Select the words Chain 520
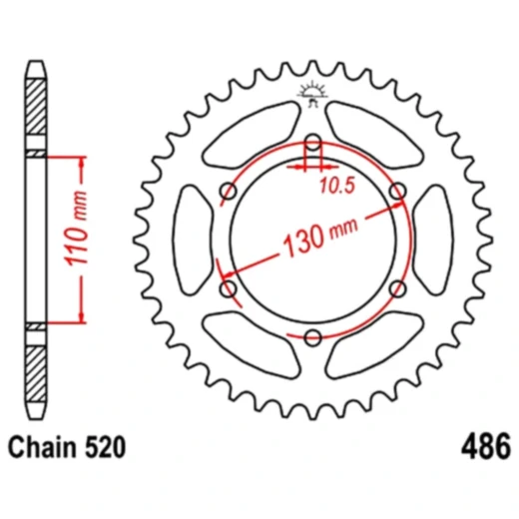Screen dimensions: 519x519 pos(67,449)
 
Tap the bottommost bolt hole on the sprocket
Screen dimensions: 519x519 pos(312,337)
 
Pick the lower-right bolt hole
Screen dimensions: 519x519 pos(397,288)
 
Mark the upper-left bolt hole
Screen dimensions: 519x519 pos(228,190)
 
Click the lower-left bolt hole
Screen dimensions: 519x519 pos(228,288)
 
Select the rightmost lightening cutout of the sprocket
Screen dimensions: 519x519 pos(432,240)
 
